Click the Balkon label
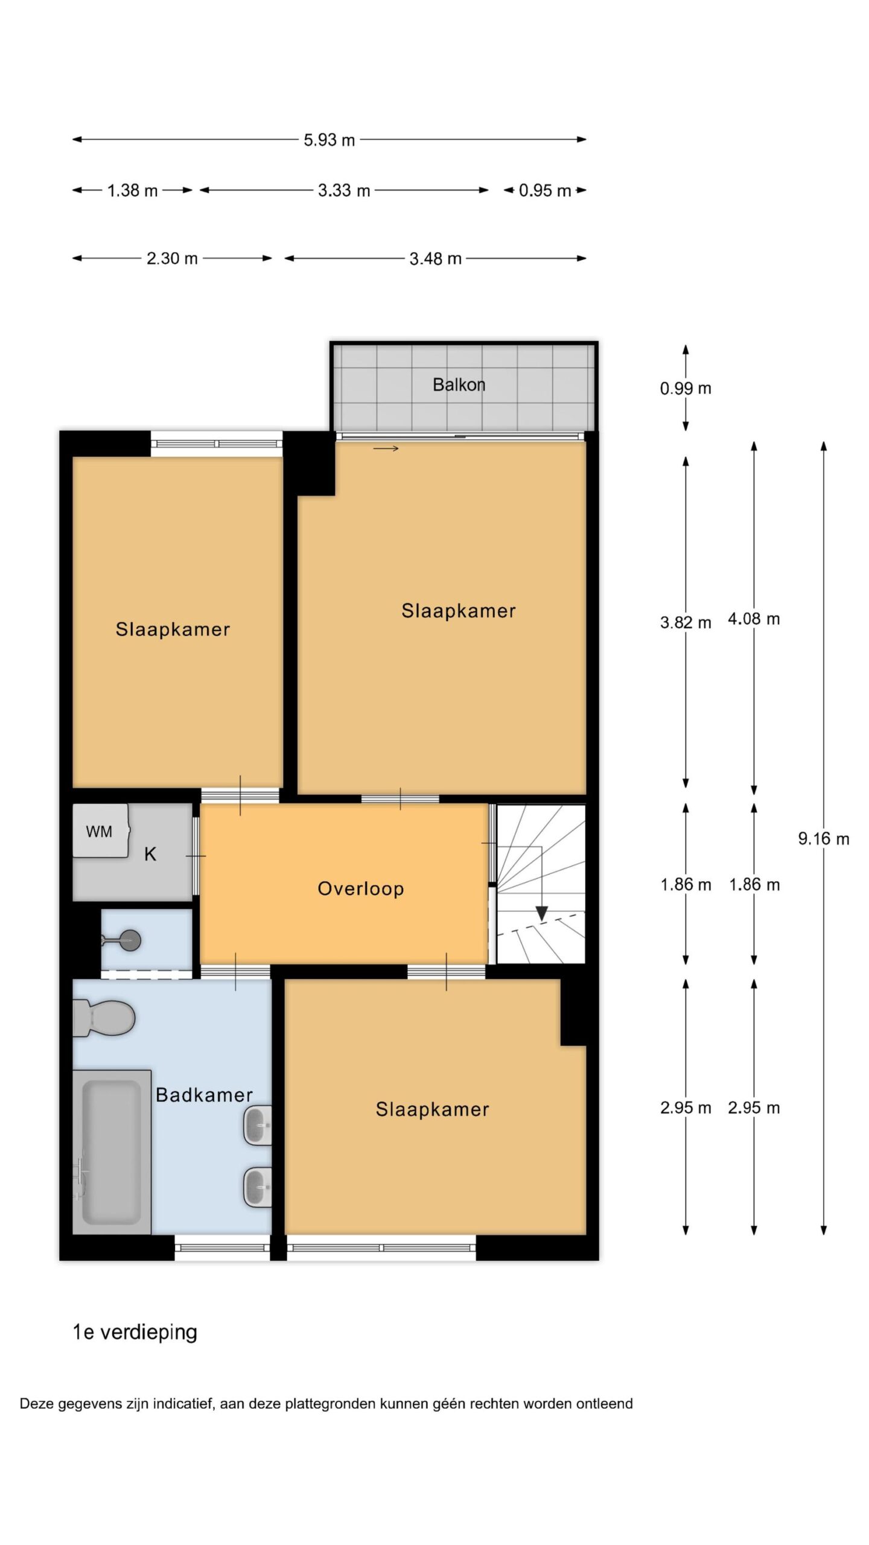click(x=459, y=384)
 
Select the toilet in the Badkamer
click(x=103, y=1018)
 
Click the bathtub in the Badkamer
click(x=112, y=1152)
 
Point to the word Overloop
click(x=361, y=888)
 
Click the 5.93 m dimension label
click(x=329, y=140)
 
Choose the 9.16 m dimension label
click(x=824, y=838)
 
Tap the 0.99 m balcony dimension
click(x=686, y=388)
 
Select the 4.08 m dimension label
click(x=754, y=619)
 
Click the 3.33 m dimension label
click(x=344, y=191)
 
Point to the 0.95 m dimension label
click(x=545, y=191)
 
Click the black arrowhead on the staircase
click(x=541, y=914)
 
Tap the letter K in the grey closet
click(x=150, y=854)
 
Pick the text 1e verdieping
click(x=135, y=1332)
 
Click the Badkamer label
click(x=204, y=1095)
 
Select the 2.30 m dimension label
click(x=172, y=258)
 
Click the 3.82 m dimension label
click(x=686, y=622)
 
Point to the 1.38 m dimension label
click(x=132, y=191)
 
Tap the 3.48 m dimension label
click(x=435, y=259)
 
